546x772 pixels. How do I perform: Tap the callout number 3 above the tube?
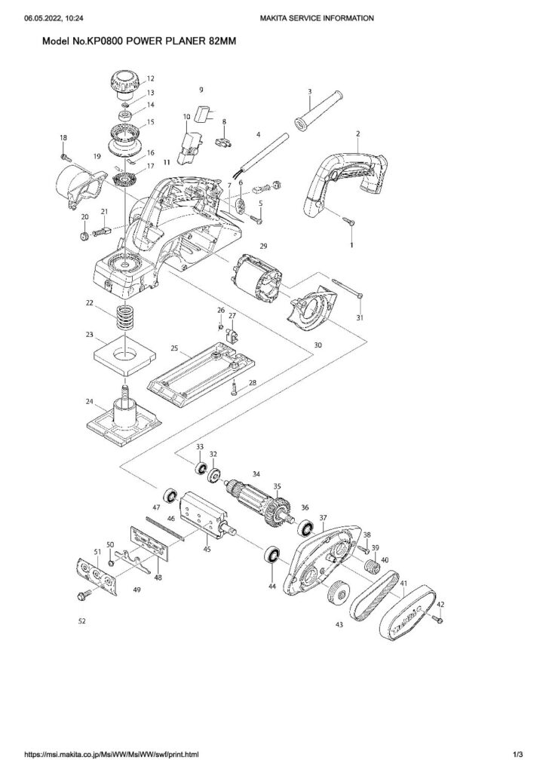point(309,91)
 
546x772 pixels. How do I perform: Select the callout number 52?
point(81,622)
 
